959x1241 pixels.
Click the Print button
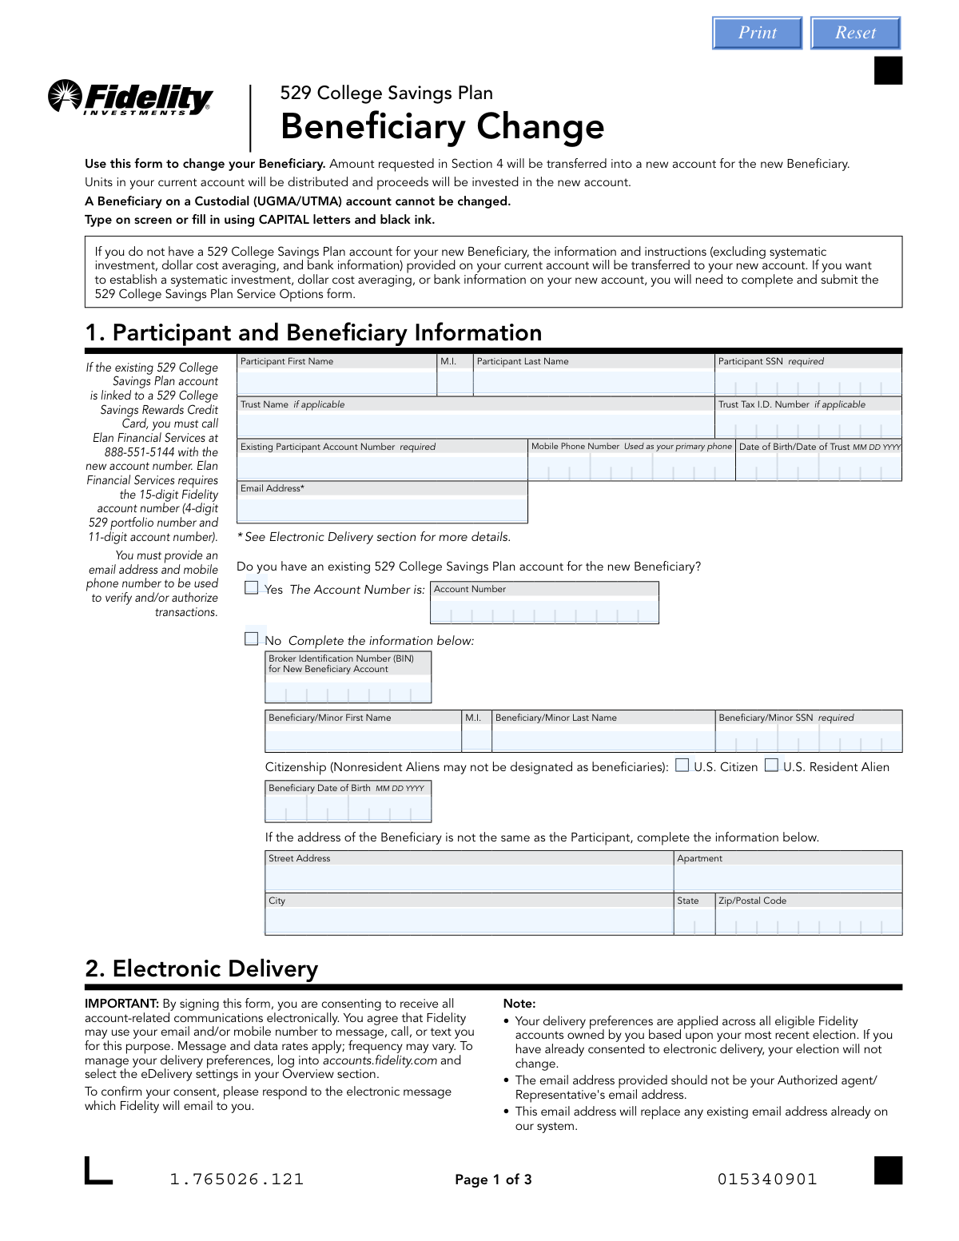[757, 33]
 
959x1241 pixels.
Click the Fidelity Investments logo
[131, 97]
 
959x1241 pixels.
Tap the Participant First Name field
[336, 383]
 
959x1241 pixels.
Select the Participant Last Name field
[593, 383]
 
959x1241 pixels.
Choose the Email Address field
[382, 508]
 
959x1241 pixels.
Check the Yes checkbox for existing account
[252, 588]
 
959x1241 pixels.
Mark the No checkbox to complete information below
[252, 639]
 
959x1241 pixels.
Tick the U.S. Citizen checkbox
[682, 766]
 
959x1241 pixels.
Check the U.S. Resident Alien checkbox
[771, 766]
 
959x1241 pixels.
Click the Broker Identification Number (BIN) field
[348, 690]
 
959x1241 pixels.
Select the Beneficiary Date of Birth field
[348, 809]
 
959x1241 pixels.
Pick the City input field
[469, 921]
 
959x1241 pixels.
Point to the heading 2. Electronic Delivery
[201, 969]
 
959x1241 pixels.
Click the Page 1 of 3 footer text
[493, 1179]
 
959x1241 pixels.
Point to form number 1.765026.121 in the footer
[237, 1179]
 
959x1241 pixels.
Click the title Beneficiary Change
[442, 126]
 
